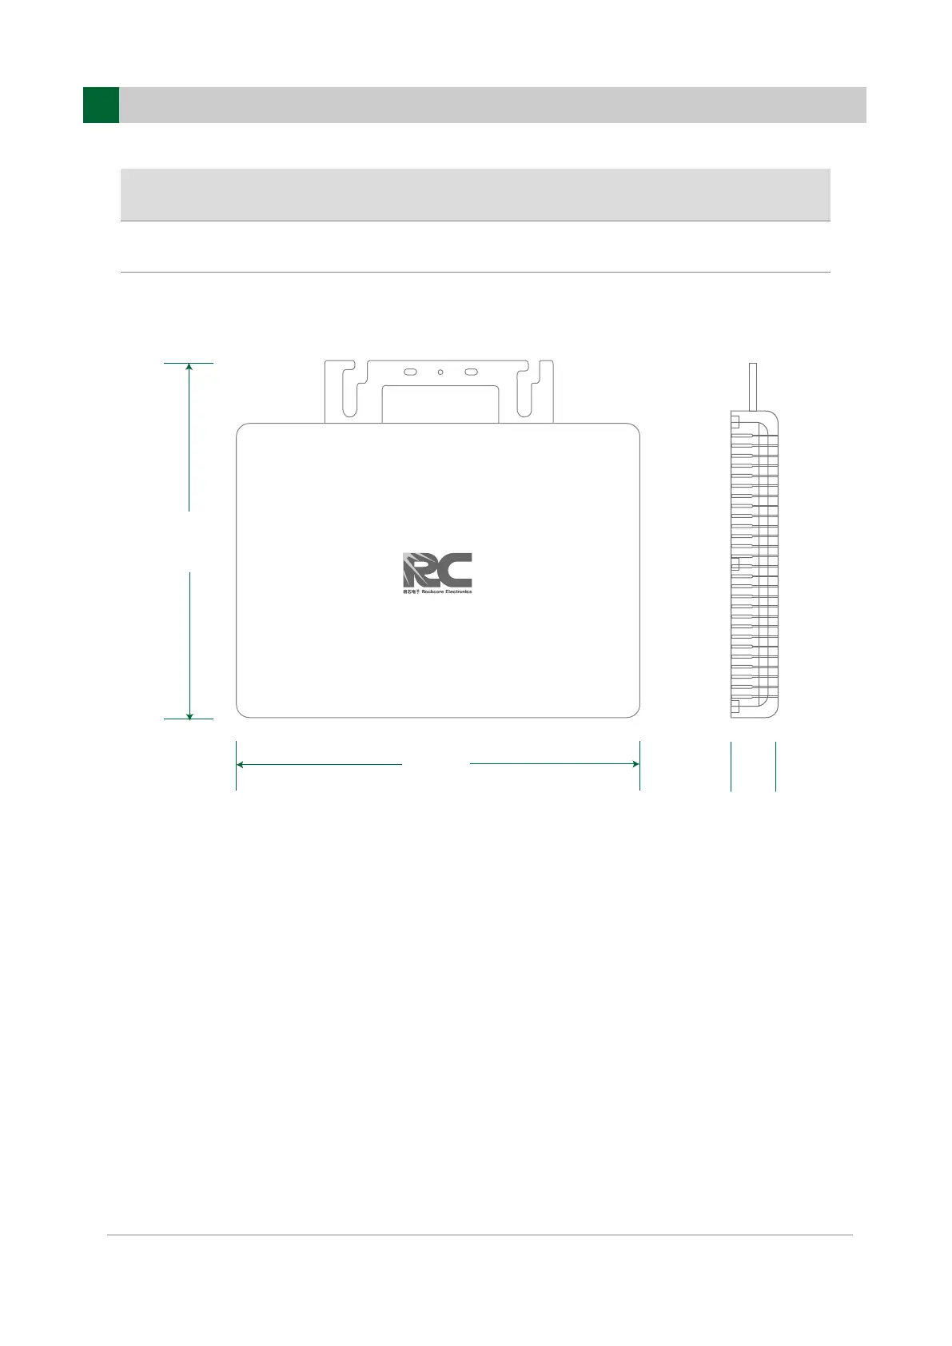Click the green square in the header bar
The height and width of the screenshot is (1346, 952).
(x=101, y=105)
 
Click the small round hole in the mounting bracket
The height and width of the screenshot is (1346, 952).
(x=440, y=372)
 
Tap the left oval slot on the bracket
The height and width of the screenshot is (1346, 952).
(x=410, y=372)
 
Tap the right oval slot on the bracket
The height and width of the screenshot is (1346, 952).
(x=471, y=372)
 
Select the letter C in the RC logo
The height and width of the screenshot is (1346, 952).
(x=456, y=570)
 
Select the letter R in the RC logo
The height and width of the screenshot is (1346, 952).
(x=419, y=570)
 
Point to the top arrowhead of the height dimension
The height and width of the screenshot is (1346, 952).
(x=189, y=367)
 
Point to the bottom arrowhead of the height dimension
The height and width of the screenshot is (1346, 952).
(x=189, y=715)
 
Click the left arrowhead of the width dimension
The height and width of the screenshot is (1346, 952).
(x=241, y=764)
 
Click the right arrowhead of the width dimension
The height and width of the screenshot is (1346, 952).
(x=635, y=764)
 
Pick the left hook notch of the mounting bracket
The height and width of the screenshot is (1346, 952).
(x=349, y=392)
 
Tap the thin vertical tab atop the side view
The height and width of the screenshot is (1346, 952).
(x=752, y=387)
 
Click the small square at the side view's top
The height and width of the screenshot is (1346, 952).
(x=735, y=421)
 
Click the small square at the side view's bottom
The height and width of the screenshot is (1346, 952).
(x=735, y=706)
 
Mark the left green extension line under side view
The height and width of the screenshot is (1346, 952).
(x=731, y=766)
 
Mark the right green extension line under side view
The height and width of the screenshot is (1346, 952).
(x=775, y=766)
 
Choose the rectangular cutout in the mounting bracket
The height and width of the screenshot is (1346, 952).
(x=440, y=404)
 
